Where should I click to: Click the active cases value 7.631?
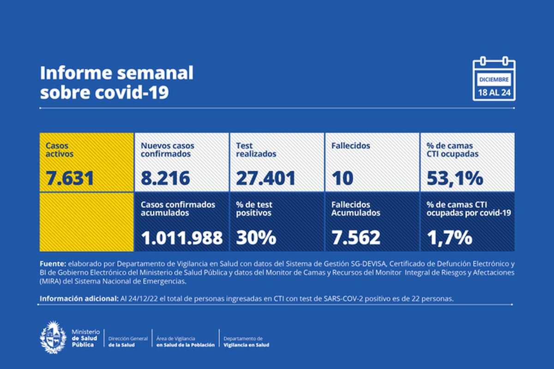[70, 178]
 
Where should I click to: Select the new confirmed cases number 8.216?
[165, 178]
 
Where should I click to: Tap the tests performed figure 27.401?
[265, 178]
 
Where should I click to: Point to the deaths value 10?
[343, 178]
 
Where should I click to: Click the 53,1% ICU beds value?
[455, 178]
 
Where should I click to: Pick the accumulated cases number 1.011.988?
[182, 237]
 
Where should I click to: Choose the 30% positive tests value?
[256, 237]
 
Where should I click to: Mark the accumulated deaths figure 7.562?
[356, 237]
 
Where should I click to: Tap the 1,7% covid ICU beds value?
[449, 237]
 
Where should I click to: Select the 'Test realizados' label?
[256, 150]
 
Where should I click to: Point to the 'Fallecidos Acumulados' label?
[355, 209]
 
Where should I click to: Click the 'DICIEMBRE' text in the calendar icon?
[494, 79]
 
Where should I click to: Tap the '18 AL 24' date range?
[494, 93]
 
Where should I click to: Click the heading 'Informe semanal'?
[116, 73]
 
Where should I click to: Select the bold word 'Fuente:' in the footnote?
[53, 264]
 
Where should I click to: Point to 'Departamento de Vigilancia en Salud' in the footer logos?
[246, 342]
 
